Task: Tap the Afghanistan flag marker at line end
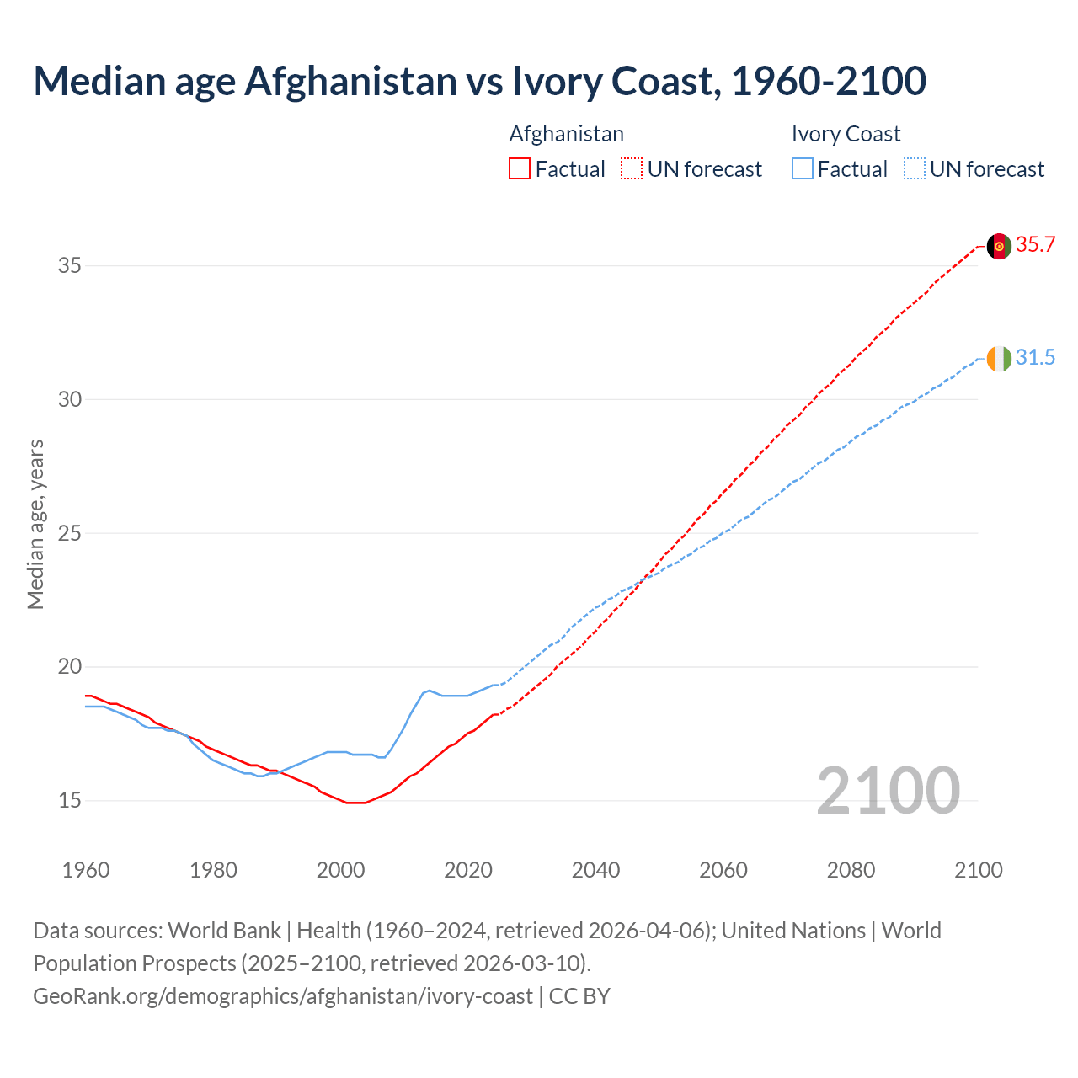(999, 247)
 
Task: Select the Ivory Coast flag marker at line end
(999, 359)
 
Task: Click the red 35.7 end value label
(1035, 245)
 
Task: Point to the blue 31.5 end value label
(1035, 358)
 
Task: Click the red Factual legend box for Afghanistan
(520, 169)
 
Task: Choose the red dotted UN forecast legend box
(632, 169)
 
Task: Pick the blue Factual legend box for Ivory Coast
(803, 169)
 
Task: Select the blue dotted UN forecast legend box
(914, 169)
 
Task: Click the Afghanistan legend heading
(566, 134)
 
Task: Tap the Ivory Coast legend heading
(846, 134)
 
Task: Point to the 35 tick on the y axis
(69, 266)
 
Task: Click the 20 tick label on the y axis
(69, 667)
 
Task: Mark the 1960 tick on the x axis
(86, 870)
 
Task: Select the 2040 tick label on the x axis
(595, 870)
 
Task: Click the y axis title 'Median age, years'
(35, 524)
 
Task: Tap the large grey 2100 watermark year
(888, 790)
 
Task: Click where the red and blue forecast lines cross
(646, 576)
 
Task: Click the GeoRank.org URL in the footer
(282, 996)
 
